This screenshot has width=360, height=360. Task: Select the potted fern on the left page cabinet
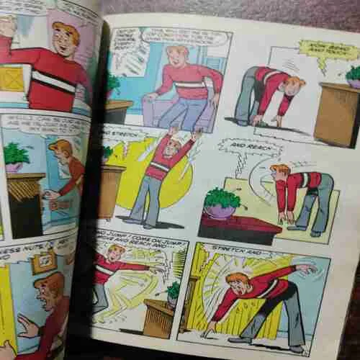(x=17, y=154)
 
